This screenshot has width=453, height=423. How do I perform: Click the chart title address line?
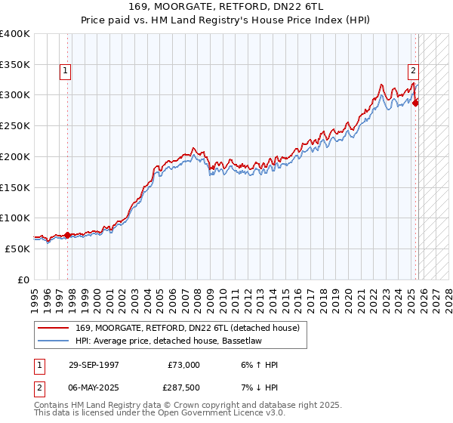[226, 7]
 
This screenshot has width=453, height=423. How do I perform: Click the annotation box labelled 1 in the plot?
[66, 72]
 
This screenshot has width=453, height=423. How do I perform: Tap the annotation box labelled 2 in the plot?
[414, 72]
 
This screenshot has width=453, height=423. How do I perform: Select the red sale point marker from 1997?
[68, 235]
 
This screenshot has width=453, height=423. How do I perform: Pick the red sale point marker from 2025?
[416, 103]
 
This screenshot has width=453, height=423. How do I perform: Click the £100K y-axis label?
[15, 218]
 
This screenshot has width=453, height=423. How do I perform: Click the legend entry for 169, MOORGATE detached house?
[188, 327]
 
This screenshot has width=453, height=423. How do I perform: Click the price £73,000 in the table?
[184, 365]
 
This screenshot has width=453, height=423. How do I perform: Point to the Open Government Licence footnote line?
[160, 415]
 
